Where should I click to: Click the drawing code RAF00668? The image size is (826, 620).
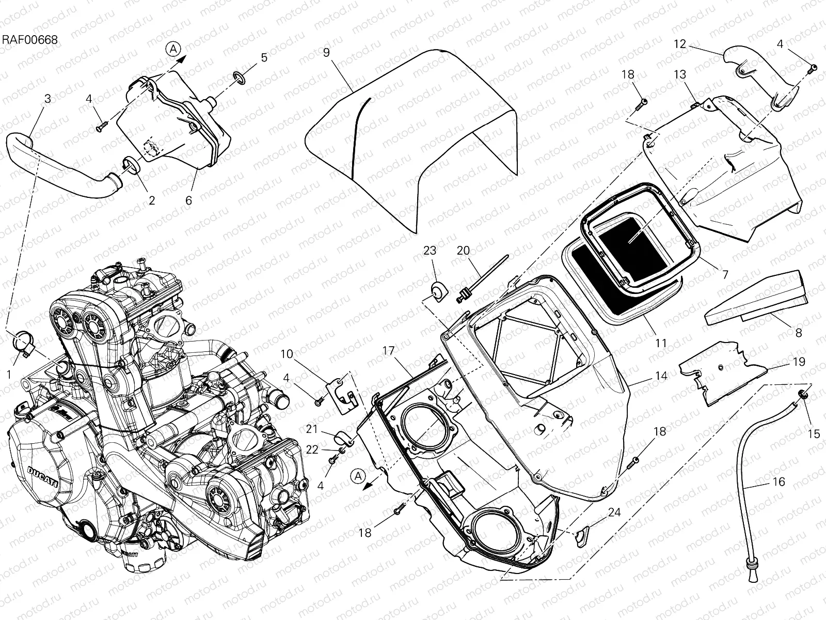29,40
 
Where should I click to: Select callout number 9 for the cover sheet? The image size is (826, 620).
326,52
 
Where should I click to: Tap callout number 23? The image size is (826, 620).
430,251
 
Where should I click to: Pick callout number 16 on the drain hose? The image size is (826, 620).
779,482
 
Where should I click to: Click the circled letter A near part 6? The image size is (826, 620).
174,49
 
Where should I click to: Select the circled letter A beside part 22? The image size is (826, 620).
358,476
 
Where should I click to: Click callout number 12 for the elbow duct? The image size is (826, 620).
680,44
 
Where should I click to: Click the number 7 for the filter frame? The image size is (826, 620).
725,275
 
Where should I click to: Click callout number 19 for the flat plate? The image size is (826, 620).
798,362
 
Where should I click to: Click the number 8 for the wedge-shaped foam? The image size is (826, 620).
798,333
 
